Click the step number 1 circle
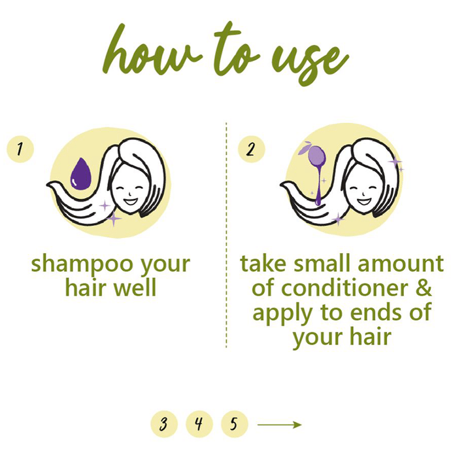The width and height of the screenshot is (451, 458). click(20, 149)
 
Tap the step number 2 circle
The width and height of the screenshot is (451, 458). click(251, 149)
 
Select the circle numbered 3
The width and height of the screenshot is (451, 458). click(164, 424)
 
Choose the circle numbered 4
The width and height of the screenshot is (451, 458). click(199, 424)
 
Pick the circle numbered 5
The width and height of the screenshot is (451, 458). click(234, 424)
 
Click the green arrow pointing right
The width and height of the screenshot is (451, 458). click(280, 425)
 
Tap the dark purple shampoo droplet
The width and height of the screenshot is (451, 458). click(81, 174)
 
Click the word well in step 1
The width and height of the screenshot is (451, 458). click(135, 287)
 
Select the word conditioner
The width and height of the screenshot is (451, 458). click(344, 288)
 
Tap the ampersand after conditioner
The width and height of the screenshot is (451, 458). click(423, 288)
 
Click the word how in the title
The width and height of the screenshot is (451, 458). click(150, 50)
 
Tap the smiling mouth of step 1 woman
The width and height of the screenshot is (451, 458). click(131, 202)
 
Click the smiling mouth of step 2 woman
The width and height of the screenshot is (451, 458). click(364, 202)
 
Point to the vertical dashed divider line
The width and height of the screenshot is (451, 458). click(226, 235)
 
